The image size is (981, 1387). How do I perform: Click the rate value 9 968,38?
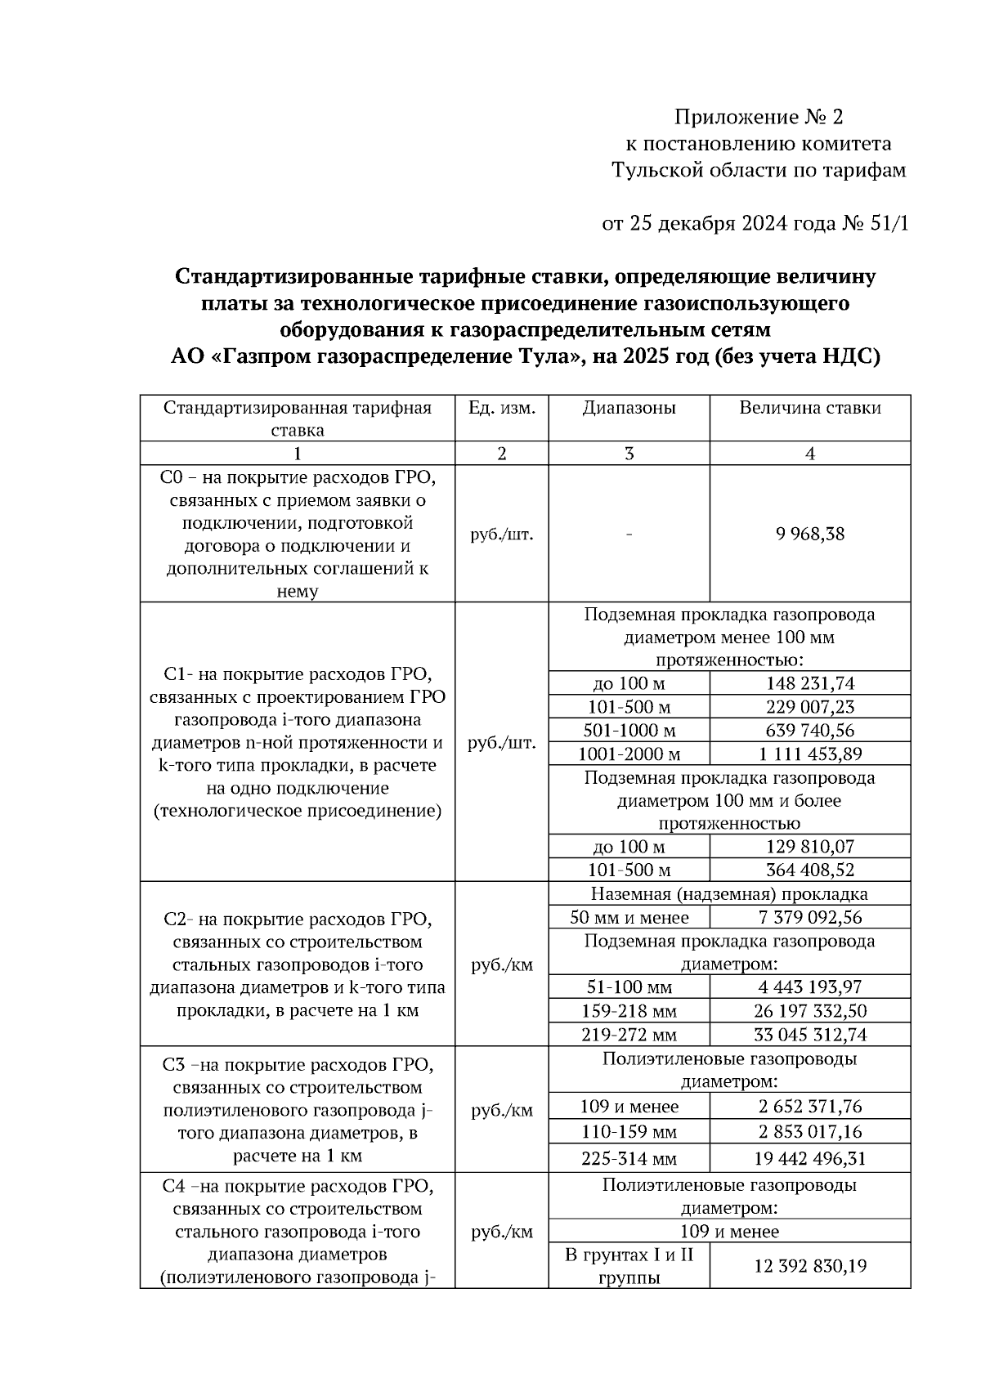pyautogui.click(x=809, y=535)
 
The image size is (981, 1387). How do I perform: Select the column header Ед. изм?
pyautogui.click(x=501, y=408)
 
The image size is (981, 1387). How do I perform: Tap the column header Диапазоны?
pyautogui.click(x=629, y=408)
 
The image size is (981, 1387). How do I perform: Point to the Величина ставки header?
pyautogui.click(x=809, y=408)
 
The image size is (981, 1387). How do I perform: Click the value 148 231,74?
pyautogui.click(x=809, y=683)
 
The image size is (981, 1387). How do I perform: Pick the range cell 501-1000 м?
pyautogui.click(x=629, y=730)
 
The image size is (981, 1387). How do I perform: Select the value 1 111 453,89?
pyautogui.click(x=809, y=754)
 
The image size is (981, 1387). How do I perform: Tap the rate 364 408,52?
pyautogui.click(x=809, y=870)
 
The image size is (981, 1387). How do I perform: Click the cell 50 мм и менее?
pyautogui.click(x=629, y=917)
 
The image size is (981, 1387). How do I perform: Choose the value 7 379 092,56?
pyautogui.click(x=809, y=917)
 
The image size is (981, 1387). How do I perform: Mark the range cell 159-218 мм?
pyautogui.click(x=629, y=1011)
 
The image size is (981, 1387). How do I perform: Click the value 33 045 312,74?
pyautogui.click(x=809, y=1035)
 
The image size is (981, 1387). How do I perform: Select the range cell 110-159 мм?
pyautogui.click(x=629, y=1132)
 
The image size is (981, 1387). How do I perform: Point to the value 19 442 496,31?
pyautogui.click(x=809, y=1159)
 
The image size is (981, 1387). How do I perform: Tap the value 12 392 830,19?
pyautogui.click(x=809, y=1266)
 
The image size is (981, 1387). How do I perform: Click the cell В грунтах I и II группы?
pyautogui.click(x=629, y=1266)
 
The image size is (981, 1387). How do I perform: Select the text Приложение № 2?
pyautogui.click(x=759, y=117)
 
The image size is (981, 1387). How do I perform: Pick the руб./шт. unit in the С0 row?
pyautogui.click(x=501, y=535)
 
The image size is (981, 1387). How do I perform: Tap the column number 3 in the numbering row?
pyautogui.click(x=629, y=454)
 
